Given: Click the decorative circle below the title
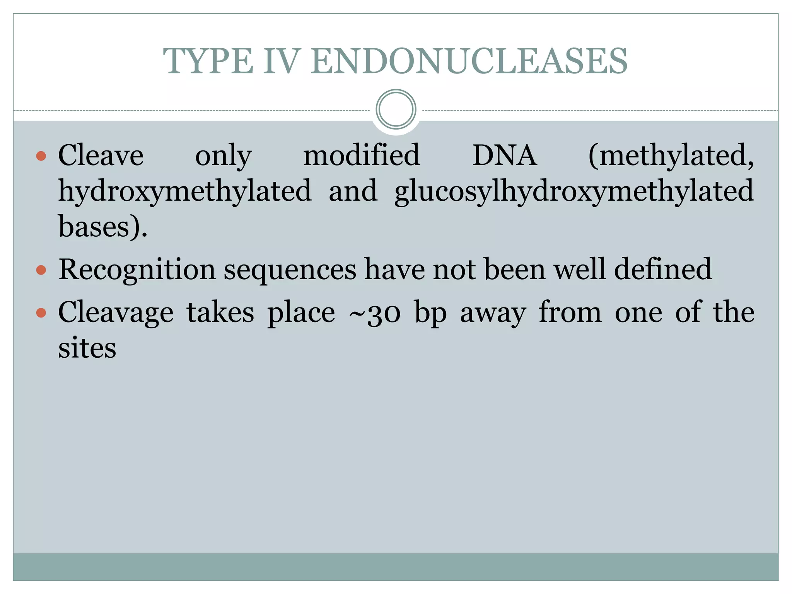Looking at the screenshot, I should pyautogui.click(x=396, y=109).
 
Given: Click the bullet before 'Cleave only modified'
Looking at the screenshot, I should pyautogui.click(x=41, y=156).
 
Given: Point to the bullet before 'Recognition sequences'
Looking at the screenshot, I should pyautogui.click(x=41, y=270).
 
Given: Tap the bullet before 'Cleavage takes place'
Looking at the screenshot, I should pyautogui.click(x=41, y=312).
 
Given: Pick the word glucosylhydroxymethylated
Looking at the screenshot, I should pyautogui.click(x=574, y=191).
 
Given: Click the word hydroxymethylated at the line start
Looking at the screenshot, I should pyautogui.click(x=185, y=191).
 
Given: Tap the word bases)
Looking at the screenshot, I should pyautogui.click(x=103, y=227).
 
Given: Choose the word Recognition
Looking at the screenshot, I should pyautogui.click(x=137, y=270).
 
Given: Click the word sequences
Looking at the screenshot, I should pyautogui.click(x=290, y=270).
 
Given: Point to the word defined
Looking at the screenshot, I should pyautogui.click(x=663, y=269).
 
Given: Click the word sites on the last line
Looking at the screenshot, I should pyautogui.click(x=87, y=348).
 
